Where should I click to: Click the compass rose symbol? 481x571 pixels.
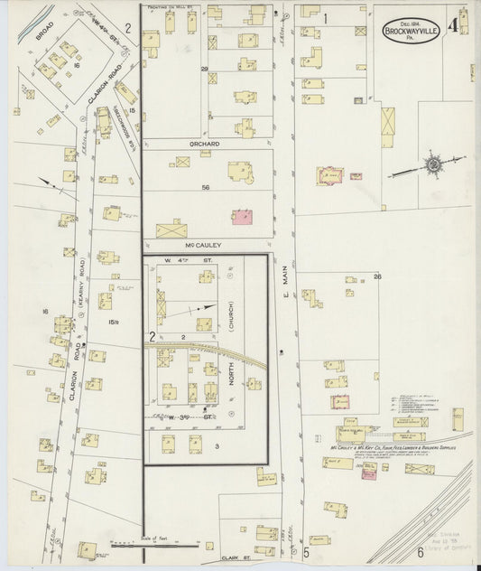(x=433, y=164)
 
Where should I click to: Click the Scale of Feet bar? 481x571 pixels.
(x=153, y=546)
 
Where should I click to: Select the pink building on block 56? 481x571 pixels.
(x=242, y=218)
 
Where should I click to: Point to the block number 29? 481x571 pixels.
(x=204, y=70)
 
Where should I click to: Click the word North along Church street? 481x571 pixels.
(x=238, y=373)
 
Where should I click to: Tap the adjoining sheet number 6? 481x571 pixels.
(x=420, y=552)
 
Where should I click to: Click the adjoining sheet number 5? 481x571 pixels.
(x=306, y=552)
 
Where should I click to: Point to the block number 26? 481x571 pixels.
(x=377, y=277)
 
